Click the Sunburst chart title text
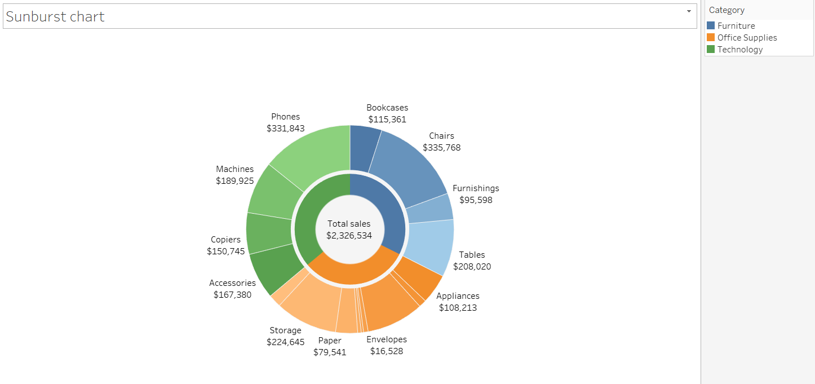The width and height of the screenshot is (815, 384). (55, 16)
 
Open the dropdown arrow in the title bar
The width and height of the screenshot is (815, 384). (689, 11)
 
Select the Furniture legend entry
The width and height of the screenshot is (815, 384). (736, 26)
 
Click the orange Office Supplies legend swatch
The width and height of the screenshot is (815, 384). (711, 38)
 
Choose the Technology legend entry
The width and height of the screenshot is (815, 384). (739, 50)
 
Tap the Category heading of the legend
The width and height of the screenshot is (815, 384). (727, 10)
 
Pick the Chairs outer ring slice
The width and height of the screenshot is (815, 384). (409, 166)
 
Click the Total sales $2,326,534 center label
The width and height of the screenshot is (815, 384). (349, 230)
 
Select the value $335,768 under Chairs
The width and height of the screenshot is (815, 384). (441, 148)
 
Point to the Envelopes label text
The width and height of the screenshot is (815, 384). (386, 339)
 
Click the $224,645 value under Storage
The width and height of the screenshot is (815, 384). (285, 342)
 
